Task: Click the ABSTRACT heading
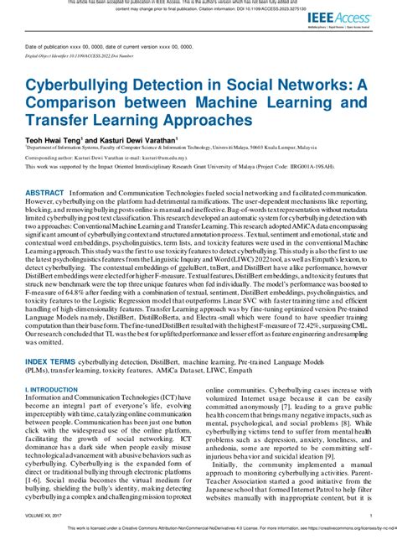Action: point(45,192)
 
